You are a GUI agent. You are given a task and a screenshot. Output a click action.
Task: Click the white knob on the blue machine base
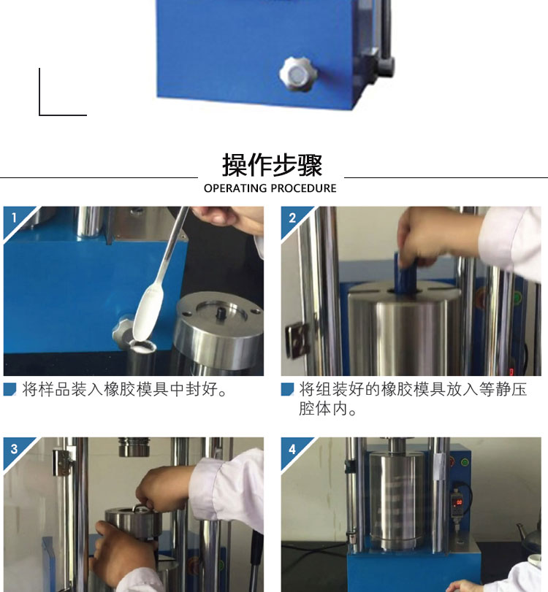[x=298, y=74]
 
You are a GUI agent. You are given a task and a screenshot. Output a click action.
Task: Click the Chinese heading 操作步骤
[x=272, y=165]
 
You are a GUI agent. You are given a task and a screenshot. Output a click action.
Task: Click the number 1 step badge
[x=14, y=218]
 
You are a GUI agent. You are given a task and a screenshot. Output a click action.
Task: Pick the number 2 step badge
[x=292, y=218]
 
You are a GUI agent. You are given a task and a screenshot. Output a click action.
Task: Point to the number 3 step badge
[x=14, y=449]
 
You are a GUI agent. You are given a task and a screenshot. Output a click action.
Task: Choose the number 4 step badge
[x=292, y=449]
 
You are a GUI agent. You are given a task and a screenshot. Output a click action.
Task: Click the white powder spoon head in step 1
[x=148, y=312]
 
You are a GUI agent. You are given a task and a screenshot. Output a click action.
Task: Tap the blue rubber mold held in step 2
[x=405, y=272]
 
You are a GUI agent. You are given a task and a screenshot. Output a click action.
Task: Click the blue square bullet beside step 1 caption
[x=9, y=389]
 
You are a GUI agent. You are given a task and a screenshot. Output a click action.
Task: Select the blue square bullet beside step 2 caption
[x=287, y=389]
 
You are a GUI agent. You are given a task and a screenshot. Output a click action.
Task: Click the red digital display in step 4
[x=459, y=502]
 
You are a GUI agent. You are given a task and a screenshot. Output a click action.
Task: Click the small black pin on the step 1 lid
[x=219, y=312]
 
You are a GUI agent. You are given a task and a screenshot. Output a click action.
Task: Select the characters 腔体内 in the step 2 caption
[x=324, y=409]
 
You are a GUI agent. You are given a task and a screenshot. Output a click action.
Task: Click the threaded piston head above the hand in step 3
[x=134, y=447]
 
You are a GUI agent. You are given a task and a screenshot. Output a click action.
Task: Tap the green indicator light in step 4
[x=465, y=462]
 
